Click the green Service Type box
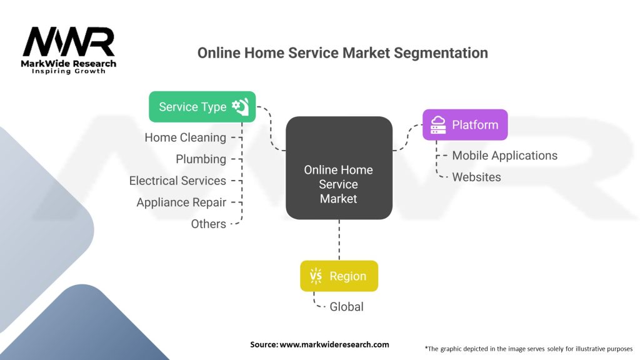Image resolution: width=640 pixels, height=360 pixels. (x=202, y=106)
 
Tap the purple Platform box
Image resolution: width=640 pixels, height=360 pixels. (x=465, y=124)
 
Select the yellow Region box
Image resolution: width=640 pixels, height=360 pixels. (x=339, y=276)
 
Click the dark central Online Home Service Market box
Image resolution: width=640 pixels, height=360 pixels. (x=339, y=167)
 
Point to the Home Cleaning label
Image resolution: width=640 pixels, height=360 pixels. (x=185, y=137)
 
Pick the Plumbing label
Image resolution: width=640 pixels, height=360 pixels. (x=201, y=159)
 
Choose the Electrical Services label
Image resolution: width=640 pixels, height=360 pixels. (x=177, y=181)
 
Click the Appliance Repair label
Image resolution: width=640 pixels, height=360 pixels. (x=181, y=202)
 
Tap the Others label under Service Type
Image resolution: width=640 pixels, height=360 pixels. (x=209, y=224)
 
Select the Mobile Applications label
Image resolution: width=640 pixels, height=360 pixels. (x=505, y=156)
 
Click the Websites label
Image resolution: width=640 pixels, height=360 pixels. (x=476, y=177)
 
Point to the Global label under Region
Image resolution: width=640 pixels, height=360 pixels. (x=346, y=306)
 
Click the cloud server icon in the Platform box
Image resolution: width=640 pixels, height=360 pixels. (x=438, y=124)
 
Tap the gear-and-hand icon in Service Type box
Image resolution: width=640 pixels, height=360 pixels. (x=241, y=106)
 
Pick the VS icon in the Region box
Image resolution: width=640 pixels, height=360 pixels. (x=316, y=276)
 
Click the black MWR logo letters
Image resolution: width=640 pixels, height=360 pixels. (x=69, y=42)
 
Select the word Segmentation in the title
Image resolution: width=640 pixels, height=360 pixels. (x=441, y=53)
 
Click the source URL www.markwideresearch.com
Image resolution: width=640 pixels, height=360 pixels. (x=334, y=344)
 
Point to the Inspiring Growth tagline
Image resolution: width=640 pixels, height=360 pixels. (x=69, y=71)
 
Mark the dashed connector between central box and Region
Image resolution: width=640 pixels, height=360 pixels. (x=339, y=240)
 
